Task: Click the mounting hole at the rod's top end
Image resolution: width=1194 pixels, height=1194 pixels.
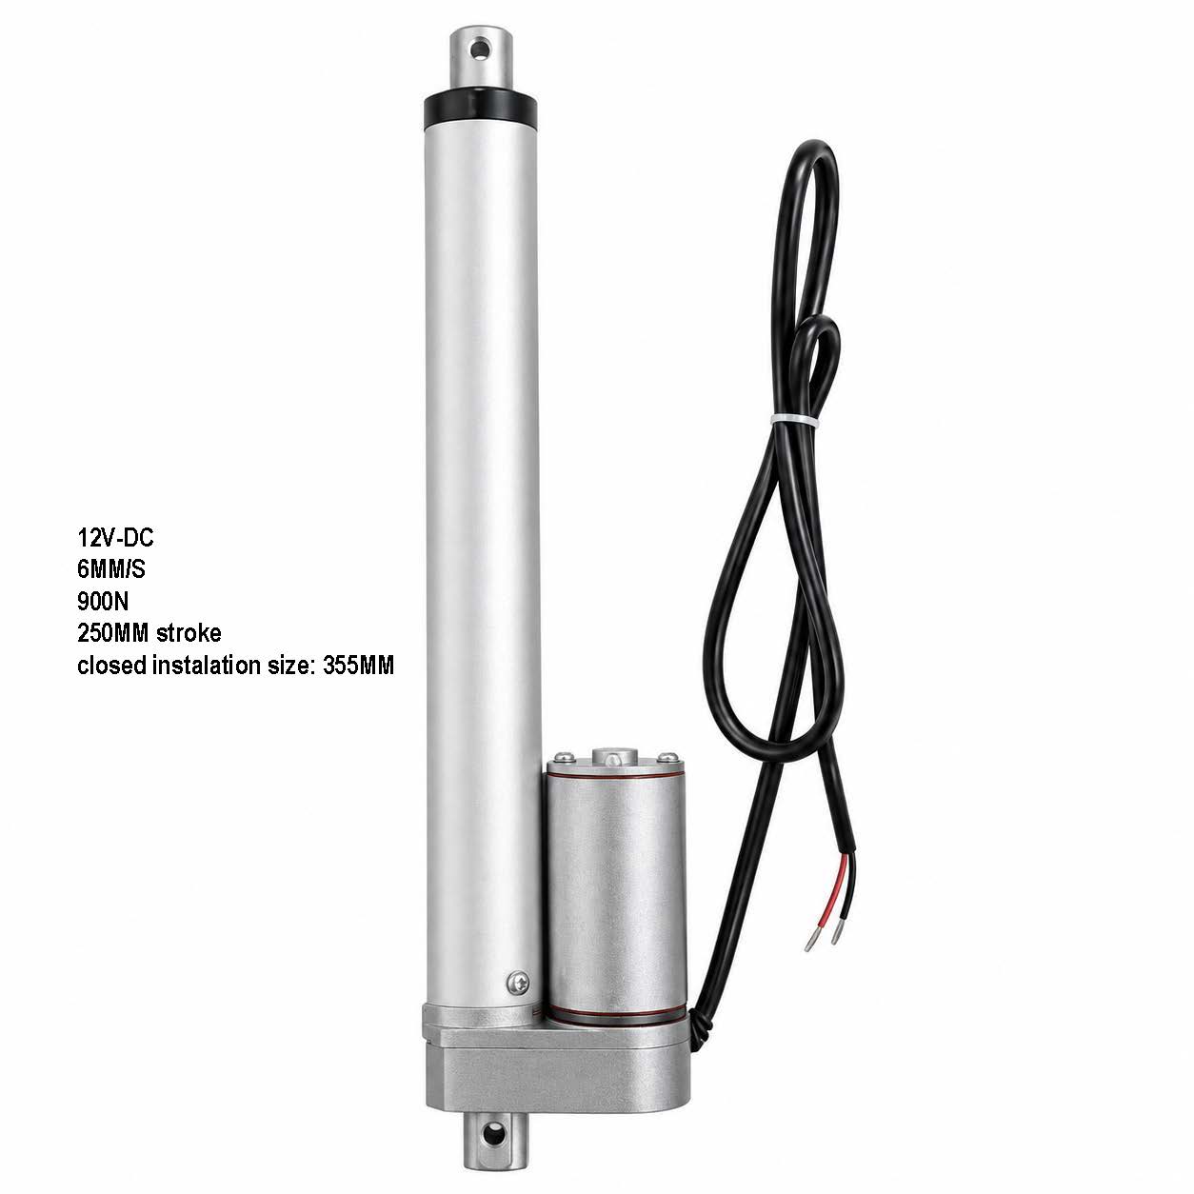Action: pyautogui.click(x=478, y=50)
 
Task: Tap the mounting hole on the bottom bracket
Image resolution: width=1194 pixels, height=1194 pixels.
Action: pyautogui.click(x=495, y=1116)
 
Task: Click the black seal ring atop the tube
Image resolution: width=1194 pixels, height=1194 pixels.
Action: pyautogui.click(x=480, y=109)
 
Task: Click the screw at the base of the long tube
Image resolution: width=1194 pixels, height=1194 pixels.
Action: pyautogui.click(x=517, y=980)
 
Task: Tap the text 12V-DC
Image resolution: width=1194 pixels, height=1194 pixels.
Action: pyautogui.click(x=115, y=537)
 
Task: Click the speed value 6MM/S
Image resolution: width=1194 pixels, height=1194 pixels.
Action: pyautogui.click(x=110, y=568)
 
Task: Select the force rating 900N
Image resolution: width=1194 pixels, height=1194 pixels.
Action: pyautogui.click(x=103, y=600)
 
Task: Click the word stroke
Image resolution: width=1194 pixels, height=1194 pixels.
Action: pyautogui.click(x=189, y=632)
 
